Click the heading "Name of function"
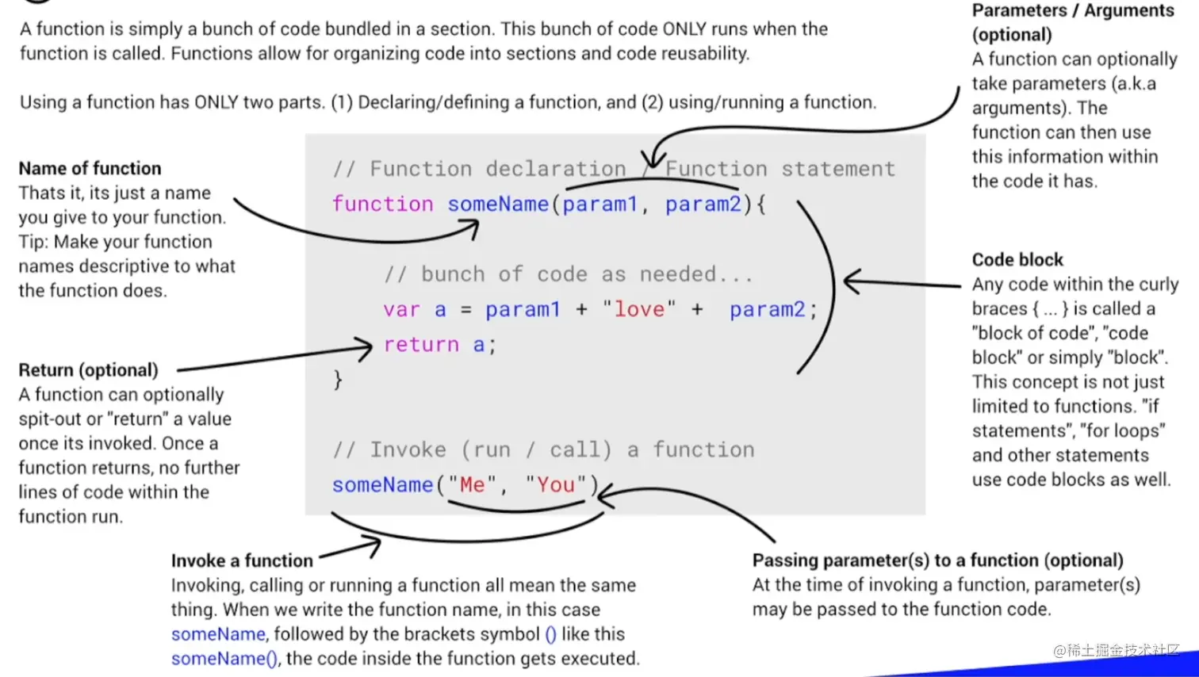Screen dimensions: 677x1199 tap(90, 168)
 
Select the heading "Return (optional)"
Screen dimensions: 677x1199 tap(88, 369)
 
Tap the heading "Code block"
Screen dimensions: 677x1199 tap(1017, 259)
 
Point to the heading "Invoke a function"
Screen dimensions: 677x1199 tap(242, 560)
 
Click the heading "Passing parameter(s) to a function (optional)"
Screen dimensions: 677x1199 tap(937, 560)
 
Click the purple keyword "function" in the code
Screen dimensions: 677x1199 tap(382, 204)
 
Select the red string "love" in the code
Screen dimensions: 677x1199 tap(638, 309)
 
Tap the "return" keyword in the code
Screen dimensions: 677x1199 tap(421, 344)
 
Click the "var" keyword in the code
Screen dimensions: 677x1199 tap(401, 309)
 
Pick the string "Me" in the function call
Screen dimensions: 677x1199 tap(472, 484)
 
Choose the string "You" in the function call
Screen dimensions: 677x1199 tap(555, 484)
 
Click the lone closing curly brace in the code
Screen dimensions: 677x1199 tap(338, 379)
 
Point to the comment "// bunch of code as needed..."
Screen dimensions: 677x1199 tap(568, 274)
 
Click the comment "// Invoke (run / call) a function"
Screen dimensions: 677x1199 tap(543, 449)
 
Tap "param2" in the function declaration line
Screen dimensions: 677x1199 tap(703, 204)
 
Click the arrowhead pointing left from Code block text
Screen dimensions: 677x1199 tap(852, 281)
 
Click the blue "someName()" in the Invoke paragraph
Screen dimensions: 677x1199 tap(224, 658)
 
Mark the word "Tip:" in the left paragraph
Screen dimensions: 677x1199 tap(36, 241)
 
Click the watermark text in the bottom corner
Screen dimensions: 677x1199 tap(1117, 650)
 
